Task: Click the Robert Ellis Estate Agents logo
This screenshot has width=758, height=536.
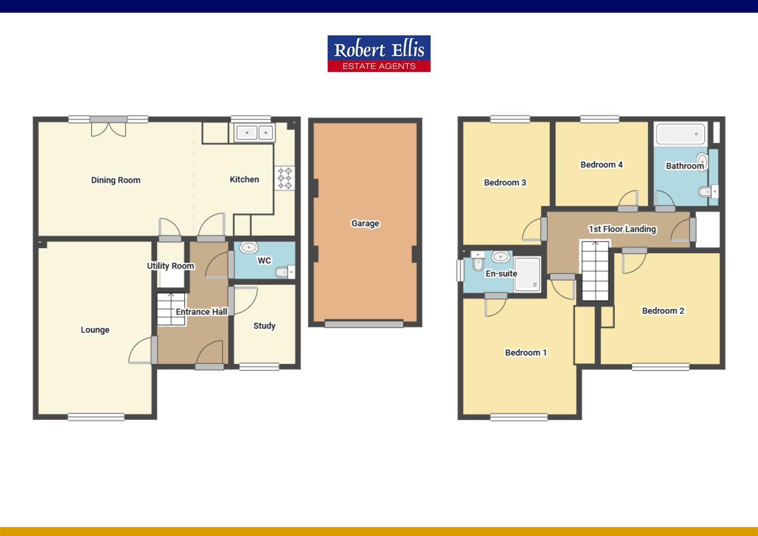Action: (x=379, y=54)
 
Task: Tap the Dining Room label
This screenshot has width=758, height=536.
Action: (x=116, y=180)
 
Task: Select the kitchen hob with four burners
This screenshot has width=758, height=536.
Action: (x=285, y=178)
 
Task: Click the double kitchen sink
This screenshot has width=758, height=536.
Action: (x=254, y=133)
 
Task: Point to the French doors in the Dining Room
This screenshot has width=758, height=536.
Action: (x=109, y=127)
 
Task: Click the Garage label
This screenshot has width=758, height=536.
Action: (x=365, y=223)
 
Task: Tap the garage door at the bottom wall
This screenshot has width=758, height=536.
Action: (x=364, y=324)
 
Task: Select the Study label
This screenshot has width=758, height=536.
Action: (x=264, y=326)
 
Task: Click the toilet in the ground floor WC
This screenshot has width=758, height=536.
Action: (x=284, y=271)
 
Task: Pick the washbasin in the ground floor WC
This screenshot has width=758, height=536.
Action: (x=249, y=247)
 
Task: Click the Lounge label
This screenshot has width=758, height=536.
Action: (x=95, y=330)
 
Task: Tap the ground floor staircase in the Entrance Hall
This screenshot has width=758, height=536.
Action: (x=171, y=309)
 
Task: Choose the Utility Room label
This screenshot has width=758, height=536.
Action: (x=170, y=266)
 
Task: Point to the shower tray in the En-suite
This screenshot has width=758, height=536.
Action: (x=527, y=273)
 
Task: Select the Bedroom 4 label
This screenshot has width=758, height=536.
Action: (x=601, y=164)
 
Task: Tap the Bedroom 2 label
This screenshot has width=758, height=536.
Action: (x=663, y=311)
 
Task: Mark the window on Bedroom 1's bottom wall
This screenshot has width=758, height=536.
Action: (x=519, y=417)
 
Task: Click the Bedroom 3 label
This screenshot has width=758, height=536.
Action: (x=505, y=182)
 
